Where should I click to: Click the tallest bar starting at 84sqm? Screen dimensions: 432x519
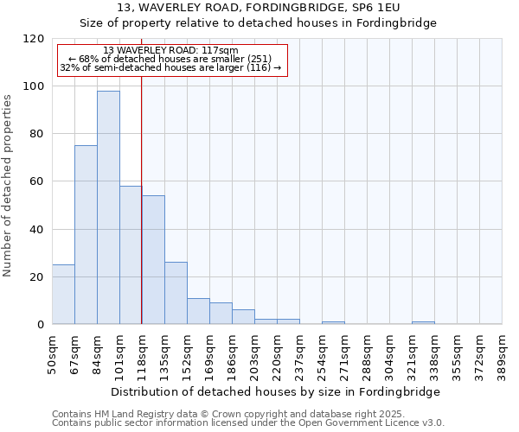[108, 207]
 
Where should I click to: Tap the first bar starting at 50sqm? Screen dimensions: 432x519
[63, 295]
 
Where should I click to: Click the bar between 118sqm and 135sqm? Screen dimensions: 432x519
[153, 260]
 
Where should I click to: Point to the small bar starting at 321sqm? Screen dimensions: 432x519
[423, 322]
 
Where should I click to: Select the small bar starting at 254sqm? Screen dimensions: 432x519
[333, 322]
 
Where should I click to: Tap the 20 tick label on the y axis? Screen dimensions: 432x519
[37, 277]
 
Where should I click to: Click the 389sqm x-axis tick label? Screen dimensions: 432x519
[503, 353]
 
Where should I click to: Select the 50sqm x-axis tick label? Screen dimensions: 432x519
[53, 353]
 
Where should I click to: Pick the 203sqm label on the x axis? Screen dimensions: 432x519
[255, 353]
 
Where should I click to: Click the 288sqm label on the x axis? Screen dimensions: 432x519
[368, 353]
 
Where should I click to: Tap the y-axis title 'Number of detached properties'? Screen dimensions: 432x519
[9, 186]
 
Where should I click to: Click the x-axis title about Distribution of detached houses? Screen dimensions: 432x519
[276, 391]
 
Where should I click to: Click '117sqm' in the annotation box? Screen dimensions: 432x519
[220, 51]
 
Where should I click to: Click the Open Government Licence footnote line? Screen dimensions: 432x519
[248, 423]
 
